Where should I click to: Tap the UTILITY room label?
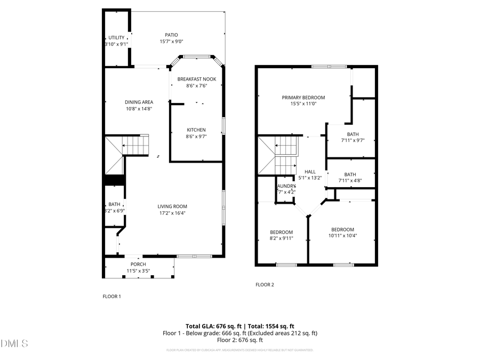pyautogui.click(x=116, y=38)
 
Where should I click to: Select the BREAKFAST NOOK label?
pyautogui.click(x=196, y=79)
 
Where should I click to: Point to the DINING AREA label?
pyautogui.click(x=139, y=102)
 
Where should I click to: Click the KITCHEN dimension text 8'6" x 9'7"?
pyautogui.click(x=196, y=137)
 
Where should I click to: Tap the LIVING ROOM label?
pyautogui.click(x=172, y=206)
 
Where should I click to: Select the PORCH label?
pyautogui.click(x=138, y=265)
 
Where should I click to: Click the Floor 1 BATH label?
pyautogui.click(x=114, y=204)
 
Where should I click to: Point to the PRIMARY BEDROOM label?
pyautogui.click(x=303, y=98)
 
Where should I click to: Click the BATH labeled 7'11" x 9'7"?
pyautogui.click(x=353, y=134)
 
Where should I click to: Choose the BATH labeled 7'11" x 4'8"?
pyautogui.click(x=350, y=174)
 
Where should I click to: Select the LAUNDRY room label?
pyautogui.click(x=286, y=186)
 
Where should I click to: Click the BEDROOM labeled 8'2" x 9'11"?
pyautogui.click(x=281, y=232)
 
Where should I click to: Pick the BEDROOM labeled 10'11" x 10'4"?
pyautogui.click(x=342, y=229)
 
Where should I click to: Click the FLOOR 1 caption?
pyautogui.click(x=111, y=296)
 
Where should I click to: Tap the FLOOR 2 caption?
pyautogui.click(x=265, y=285)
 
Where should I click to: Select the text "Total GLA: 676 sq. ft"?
pyautogui.click(x=213, y=326)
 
